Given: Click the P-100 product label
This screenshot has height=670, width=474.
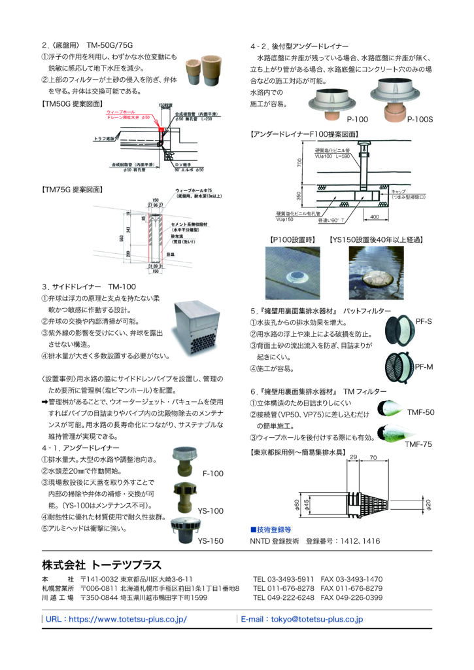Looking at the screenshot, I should click(357, 120).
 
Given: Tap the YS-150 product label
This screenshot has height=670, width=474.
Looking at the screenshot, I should click(211, 541).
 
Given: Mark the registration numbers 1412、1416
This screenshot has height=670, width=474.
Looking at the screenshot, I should click(359, 540).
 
